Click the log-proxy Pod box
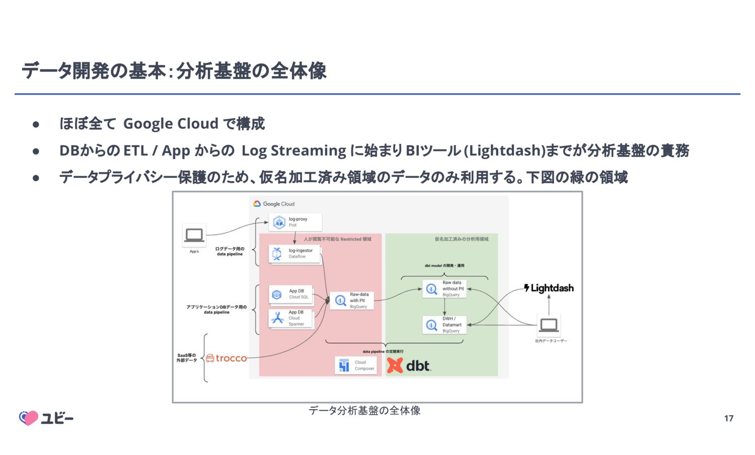[x=295, y=222]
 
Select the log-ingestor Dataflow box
[x=295, y=254]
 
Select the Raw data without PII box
[x=445, y=289]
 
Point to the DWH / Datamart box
[x=445, y=325]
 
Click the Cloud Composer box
[x=355, y=365]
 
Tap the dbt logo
[x=409, y=365]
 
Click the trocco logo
[x=226, y=358]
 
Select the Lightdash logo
[x=549, y=288]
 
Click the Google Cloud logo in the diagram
[x=274, y=204]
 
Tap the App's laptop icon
[x=194, y=235]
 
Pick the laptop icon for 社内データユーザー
[x=549, y=325]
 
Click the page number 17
[x=729, y=418]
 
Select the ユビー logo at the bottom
[x=46, y=418]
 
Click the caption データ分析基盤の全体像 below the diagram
[x=364, y=411]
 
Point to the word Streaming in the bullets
[x=308, y=150]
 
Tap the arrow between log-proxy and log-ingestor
[x=294, y=238]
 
